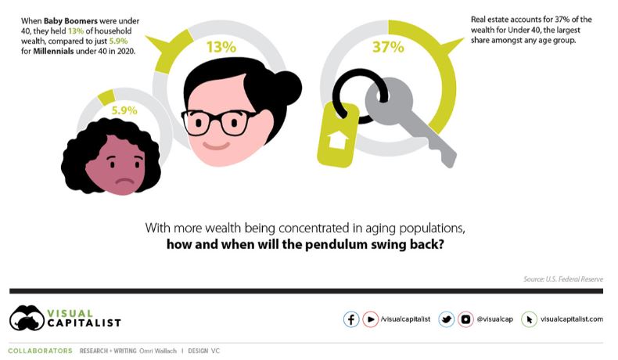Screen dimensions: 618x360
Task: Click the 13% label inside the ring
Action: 221,47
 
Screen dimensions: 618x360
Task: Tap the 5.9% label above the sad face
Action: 124,110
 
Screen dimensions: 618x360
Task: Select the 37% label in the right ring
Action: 388,47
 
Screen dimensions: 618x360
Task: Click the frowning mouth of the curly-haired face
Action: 125,182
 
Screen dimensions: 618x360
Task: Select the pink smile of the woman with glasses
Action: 217,146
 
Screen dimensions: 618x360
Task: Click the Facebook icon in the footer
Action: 351,319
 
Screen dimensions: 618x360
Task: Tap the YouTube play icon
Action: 371,319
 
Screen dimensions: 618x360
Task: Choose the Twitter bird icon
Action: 447,319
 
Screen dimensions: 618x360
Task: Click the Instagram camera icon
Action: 465,319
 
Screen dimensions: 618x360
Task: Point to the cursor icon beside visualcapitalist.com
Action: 529,319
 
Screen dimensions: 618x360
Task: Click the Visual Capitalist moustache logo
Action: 27,318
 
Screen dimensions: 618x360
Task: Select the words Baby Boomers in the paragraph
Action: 70,21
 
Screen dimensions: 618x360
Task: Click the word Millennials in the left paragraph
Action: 53,51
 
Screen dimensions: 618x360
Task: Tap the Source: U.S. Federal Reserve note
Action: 562,279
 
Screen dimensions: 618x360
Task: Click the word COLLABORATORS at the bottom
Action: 40,351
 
